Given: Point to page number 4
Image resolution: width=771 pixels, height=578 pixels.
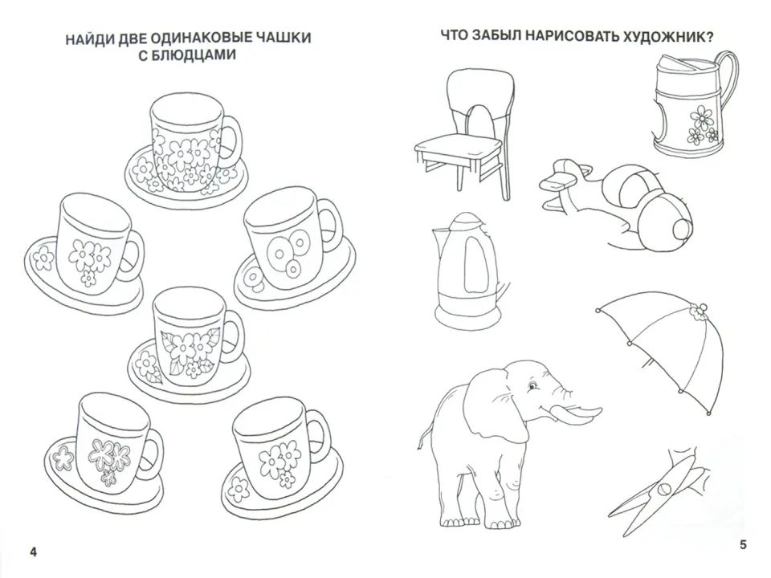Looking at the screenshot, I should point(33,551).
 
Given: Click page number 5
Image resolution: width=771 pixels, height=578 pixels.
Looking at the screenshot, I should point(743,545).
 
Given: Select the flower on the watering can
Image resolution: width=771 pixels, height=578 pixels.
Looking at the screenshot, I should point(702,120).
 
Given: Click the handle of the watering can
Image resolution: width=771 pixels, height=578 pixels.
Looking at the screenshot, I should point(730,80).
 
